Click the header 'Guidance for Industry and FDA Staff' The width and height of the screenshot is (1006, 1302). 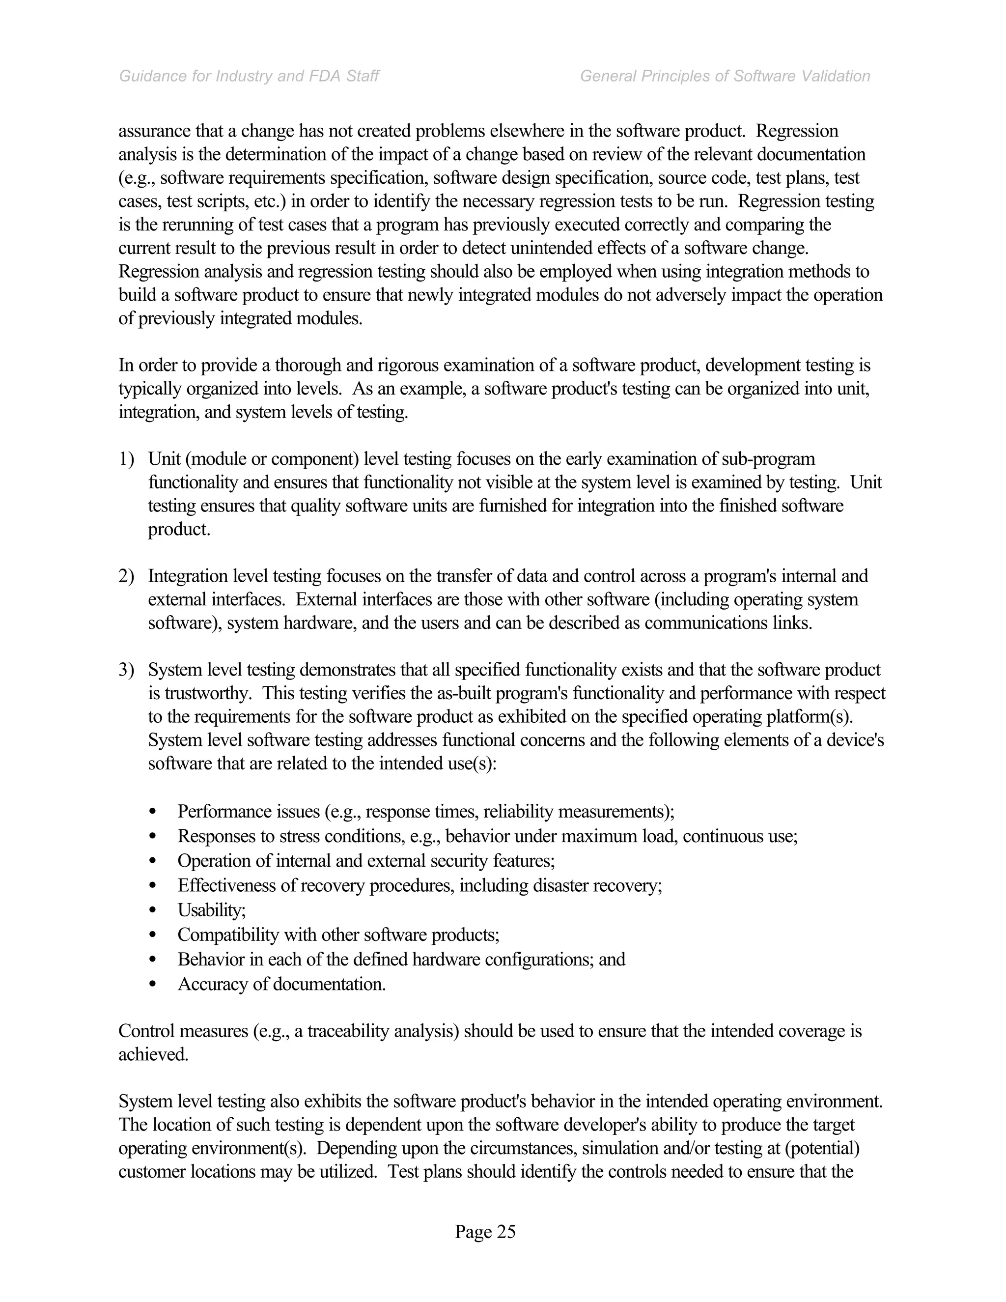tap(249, 76)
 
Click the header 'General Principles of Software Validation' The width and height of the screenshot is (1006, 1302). tap(725, 76)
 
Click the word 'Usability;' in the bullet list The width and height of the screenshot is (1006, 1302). tap(212, 910)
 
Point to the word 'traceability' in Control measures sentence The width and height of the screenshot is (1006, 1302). tap(339, 1031)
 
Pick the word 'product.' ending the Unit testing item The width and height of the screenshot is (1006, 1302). tap(179, 529)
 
